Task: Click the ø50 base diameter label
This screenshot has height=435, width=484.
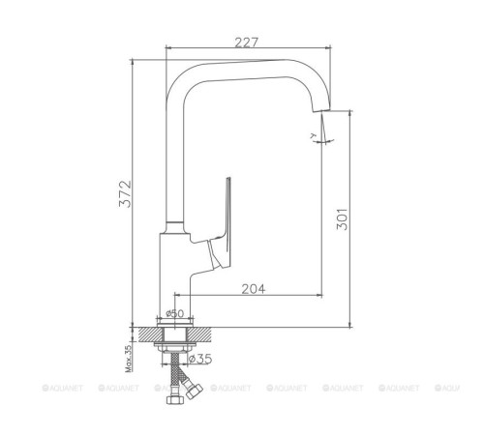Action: pos(174,312)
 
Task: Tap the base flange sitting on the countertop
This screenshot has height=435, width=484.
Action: pos(174,324)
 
